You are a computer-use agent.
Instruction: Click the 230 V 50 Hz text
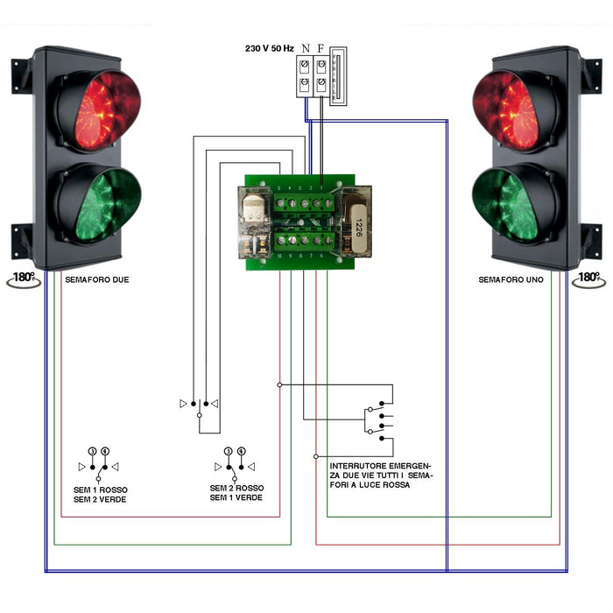[269, 48]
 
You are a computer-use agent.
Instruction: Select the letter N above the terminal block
[305, 48]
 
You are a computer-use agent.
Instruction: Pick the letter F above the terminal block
[322, 48]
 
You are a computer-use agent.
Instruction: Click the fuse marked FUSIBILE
[338, 76]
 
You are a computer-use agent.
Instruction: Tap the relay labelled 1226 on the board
[357, 228]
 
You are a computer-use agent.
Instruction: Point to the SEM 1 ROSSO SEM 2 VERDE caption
[100, 494]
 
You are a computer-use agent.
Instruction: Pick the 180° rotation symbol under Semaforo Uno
[588, 278]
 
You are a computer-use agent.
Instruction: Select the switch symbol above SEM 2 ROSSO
[234, 462]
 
